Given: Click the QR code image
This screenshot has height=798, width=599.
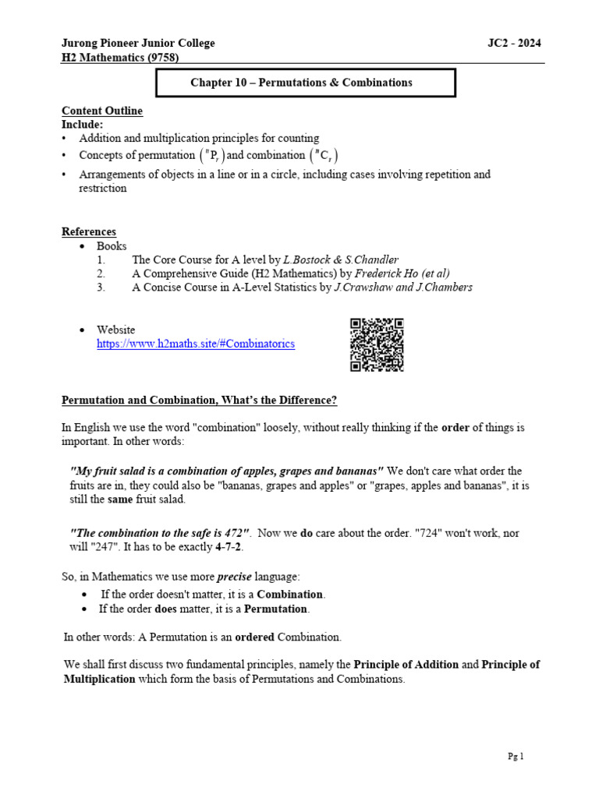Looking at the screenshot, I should pyautogui.click(x=377, y=344).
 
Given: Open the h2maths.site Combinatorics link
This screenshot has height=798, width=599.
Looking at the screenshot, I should pyautogui.click(x=196, y=344).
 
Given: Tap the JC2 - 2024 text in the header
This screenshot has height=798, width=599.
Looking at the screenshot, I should pyautogui.click(x=513, y=44).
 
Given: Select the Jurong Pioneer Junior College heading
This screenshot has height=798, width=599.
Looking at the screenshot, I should pyautogui.click(x=138, y=44).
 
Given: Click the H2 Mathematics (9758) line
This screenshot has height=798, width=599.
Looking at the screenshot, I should pyautogui.click(x=125, y=58).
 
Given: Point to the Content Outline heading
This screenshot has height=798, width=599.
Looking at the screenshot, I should pyautogui.click(x=102, y=111).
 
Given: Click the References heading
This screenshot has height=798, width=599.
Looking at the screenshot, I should pyautogui.click(x=89, y=231).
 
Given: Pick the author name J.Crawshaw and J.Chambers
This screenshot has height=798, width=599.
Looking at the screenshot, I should pyautogui.click(x=403, y=288).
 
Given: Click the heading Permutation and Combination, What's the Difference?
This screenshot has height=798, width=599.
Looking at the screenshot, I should pyautogui.click(x=200, y=401).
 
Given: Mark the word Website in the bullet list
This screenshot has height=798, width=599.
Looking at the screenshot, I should pyautogui.click(x=115, y=330).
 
